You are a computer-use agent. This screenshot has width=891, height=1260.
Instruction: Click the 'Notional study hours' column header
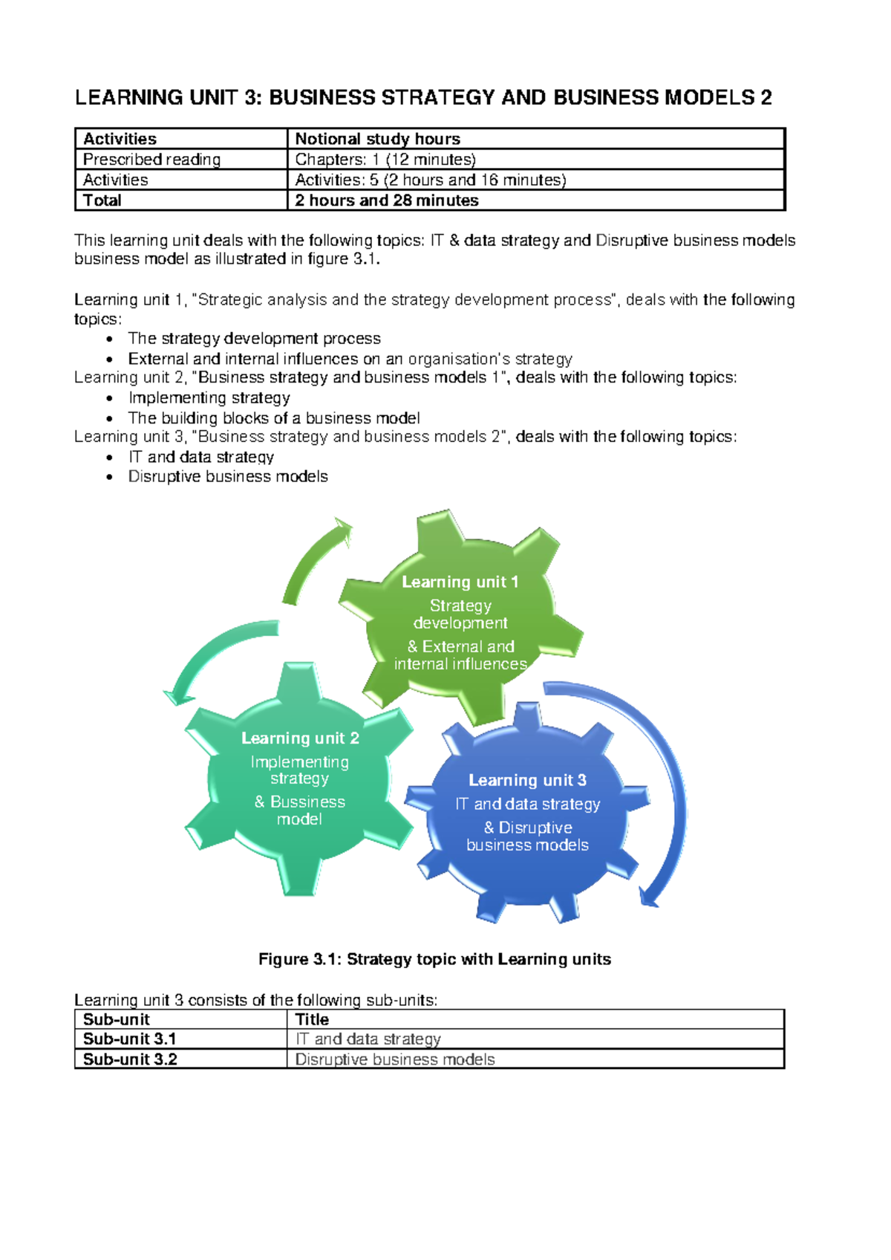click(377, 139)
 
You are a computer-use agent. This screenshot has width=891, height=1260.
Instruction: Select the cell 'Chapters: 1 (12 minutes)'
click(385, 160)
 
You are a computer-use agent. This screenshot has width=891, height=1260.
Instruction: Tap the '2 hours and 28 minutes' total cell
click(386, 201)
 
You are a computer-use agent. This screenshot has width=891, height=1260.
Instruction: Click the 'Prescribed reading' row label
click(151, 160)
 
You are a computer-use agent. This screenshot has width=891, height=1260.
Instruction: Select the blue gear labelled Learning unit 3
click(527, 814)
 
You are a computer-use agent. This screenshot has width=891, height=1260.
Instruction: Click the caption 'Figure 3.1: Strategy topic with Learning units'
click(434, 959)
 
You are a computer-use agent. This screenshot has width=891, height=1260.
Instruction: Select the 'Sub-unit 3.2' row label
click(130, 1059)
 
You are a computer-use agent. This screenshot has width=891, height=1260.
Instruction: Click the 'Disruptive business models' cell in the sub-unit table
click(394, 1059)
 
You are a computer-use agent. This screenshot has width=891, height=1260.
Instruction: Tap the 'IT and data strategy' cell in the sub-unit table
click(368, 1039)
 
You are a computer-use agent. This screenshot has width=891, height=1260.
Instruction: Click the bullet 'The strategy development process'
click(254, 339)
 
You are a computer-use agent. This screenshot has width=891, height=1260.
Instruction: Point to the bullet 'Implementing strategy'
click(209, 397)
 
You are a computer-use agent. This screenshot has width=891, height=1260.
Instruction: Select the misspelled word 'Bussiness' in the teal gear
click(307, 802)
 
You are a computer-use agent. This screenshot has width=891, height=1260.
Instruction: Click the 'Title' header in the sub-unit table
click(312, 1019)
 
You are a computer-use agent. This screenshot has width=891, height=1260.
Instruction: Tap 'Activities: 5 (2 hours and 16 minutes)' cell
click(430, 180)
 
